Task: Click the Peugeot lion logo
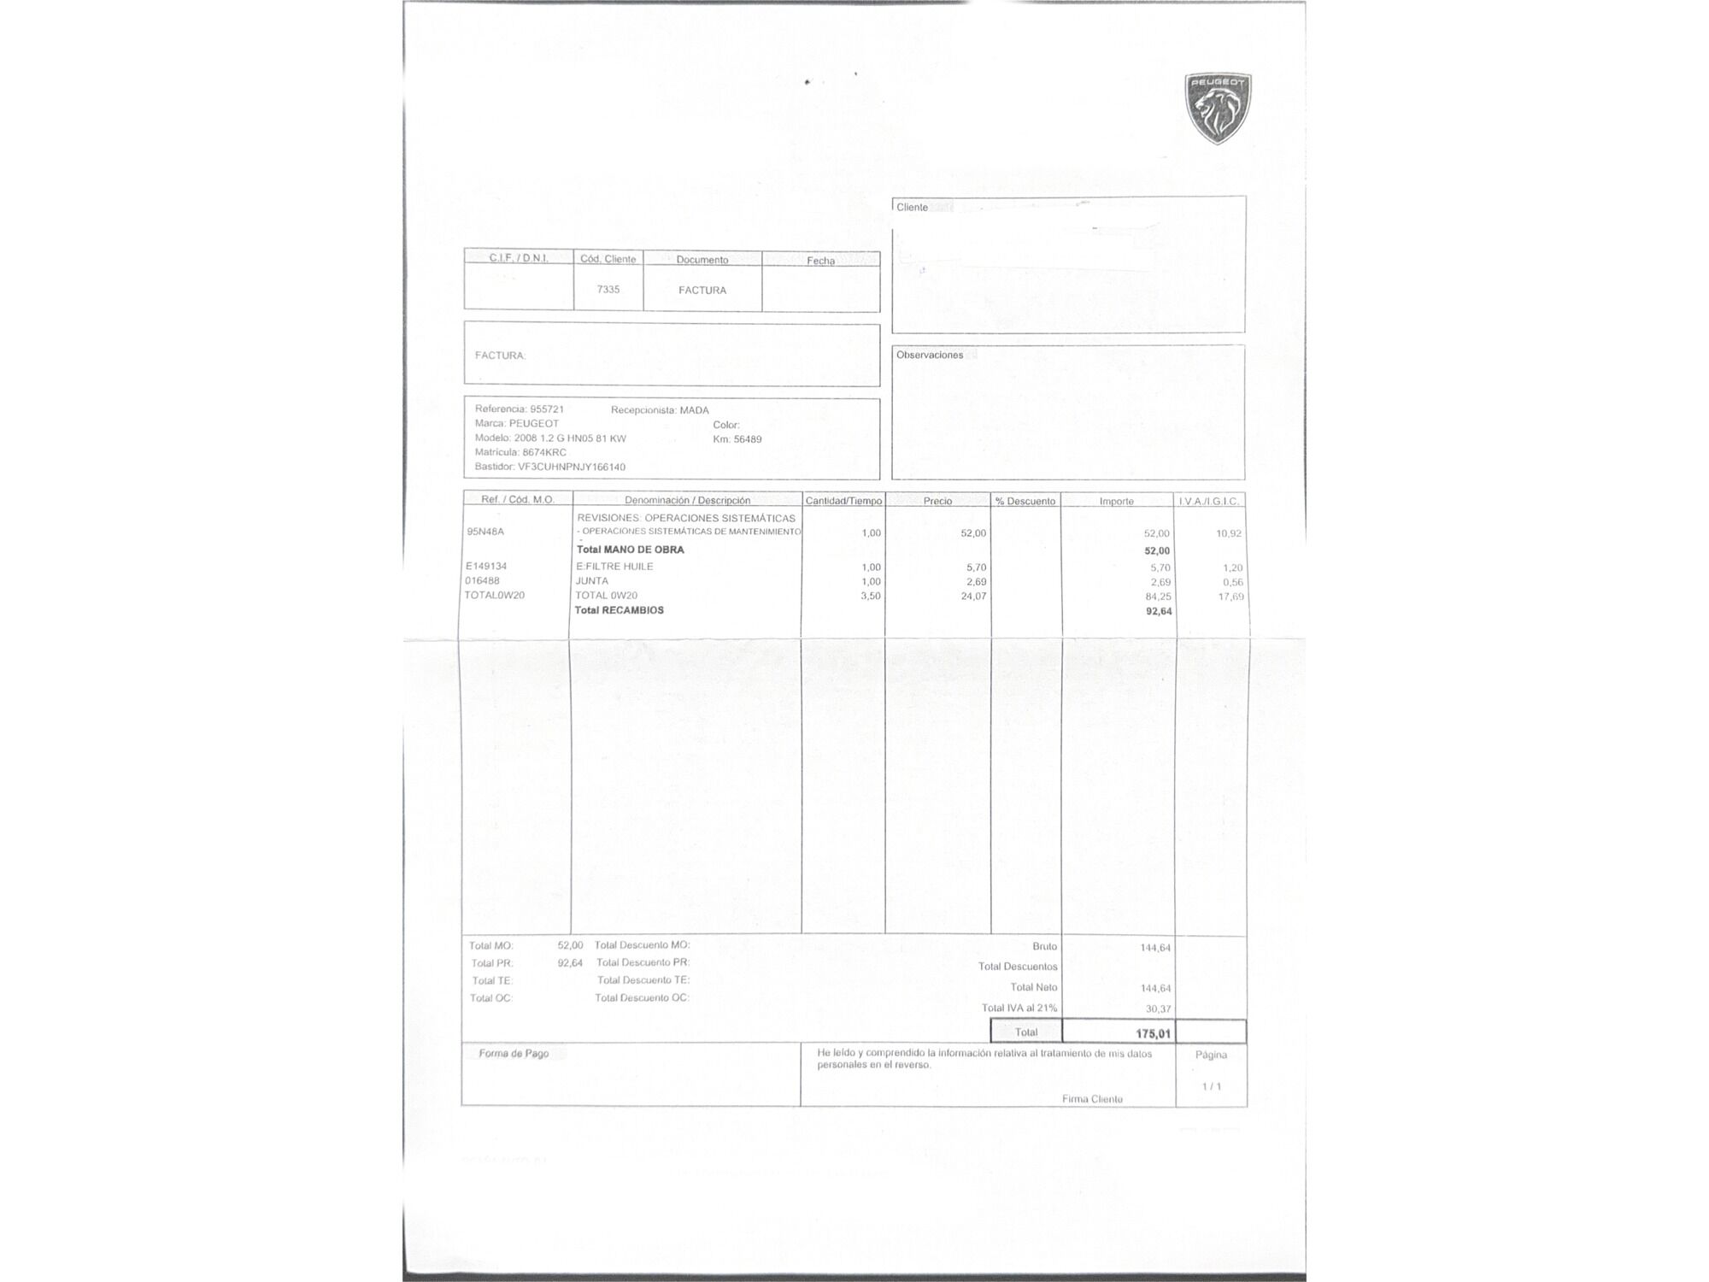tap(1218, 108)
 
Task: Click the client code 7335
tap(608, 290)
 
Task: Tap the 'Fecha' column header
tap(820, 261)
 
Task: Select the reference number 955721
tap(547, 409)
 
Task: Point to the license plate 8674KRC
tap(544, 452)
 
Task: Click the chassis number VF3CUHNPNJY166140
tap(572, 467)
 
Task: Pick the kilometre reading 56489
tap(748, 439)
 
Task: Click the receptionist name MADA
tap(695, 410)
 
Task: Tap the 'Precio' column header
tap(937, 501)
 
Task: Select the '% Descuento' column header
tap(1025, 501)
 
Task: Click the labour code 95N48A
tap(485, 532)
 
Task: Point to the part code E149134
tap(486, 566)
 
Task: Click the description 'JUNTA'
tap(592, 581)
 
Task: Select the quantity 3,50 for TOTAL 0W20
tap(870, 596)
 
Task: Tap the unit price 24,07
tap(973, 596)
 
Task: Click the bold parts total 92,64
tap(1159, 611)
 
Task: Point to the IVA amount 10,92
tap(1229, 533)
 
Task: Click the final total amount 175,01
tap(1153, 1033)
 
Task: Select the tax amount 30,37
tap(1158, 1009)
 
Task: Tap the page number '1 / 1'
tap(1212, 1086)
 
